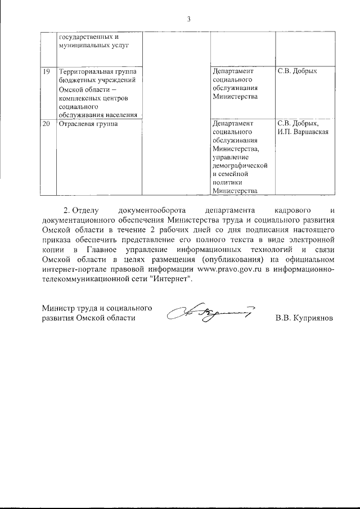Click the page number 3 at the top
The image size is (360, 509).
189,19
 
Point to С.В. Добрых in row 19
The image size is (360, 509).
298,71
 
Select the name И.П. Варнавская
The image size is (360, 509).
303,132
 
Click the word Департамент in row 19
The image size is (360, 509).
233,71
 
